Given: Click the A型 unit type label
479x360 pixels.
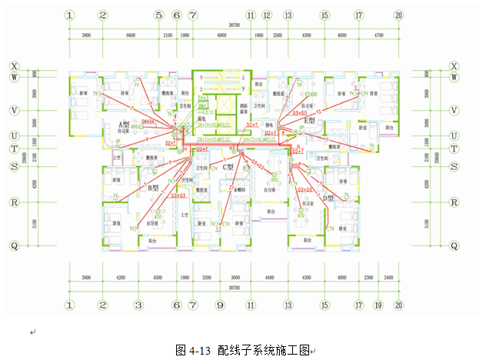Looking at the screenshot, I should [123, 125].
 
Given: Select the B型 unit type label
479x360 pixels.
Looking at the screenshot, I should [153, 186].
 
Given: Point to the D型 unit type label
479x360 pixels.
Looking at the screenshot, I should [328, 198].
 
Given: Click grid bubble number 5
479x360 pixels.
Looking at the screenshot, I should [158, 15].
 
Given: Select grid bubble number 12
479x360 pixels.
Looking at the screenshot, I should [267, 15].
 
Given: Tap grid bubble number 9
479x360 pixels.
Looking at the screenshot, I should [219, 305].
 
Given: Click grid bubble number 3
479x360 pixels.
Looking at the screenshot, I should [138, 305].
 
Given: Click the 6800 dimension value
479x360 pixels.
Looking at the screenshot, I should [221, 35].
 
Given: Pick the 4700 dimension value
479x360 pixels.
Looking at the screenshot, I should [378, 35].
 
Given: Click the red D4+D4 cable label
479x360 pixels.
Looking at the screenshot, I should [148, 122].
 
